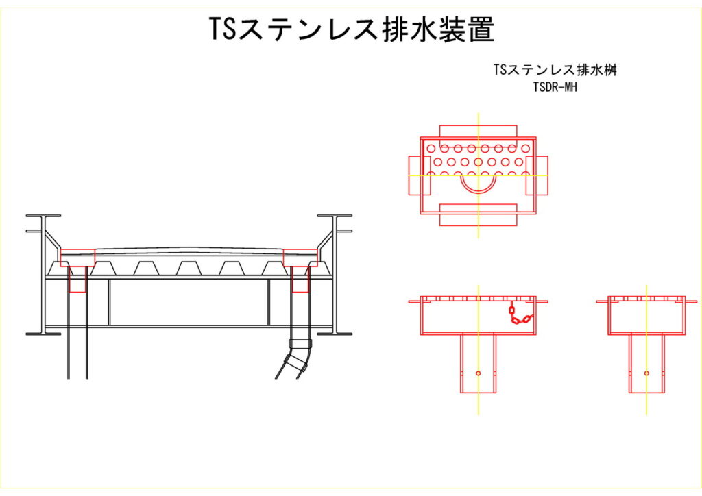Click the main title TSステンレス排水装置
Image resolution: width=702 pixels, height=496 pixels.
[351, 29]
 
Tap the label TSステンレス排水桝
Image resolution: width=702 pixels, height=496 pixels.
[555, 71]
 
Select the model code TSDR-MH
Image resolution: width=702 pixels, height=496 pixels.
[555, 86]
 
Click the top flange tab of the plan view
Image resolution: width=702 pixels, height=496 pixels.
[478, 131]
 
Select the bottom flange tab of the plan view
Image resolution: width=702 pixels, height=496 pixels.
[478, 214]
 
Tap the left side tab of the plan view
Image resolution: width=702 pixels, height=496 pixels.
[415, 176]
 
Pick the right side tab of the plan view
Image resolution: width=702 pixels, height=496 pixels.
[541, 176]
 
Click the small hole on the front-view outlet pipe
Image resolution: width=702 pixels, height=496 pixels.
[478, 373]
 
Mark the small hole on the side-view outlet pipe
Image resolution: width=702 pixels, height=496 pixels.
[647, 373]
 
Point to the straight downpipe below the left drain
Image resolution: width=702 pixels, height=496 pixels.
[77, 336]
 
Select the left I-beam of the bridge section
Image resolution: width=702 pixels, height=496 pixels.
[44, 274]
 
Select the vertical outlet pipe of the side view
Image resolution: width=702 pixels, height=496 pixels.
[647, 363]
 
